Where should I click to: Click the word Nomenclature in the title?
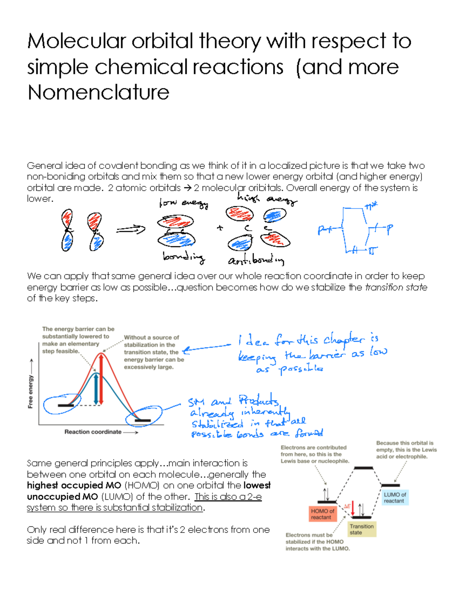[x=98, y=92]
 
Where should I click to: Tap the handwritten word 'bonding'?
[x=184, y=257]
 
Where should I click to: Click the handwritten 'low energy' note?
[x=184, y=203]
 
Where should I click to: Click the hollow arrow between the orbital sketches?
[x=131, y=229]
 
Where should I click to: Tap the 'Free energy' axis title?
[x=31, y=392]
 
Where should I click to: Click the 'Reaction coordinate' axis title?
[x=93, y=432]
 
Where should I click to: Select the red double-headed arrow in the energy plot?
[x=101, y=379]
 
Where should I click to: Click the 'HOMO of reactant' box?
[x=322, y=514]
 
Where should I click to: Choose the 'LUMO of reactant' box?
[x=395, y=498]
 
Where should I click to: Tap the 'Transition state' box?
[x=361, y=529]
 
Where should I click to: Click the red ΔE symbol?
[x=347, y=506]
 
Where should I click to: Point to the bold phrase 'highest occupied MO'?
[x=74, y=485]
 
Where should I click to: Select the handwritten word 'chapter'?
[x=344, y=340]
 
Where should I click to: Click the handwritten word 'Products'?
[x=259, y=401]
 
